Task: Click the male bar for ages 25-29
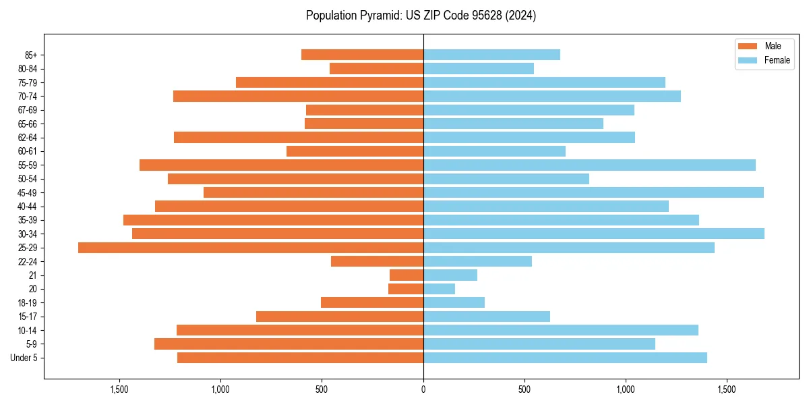coord(251,248)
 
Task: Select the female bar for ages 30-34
coord(594,234)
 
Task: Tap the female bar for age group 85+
coord(491,55)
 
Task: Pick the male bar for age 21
coord(407,275)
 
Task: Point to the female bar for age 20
coord(439,289)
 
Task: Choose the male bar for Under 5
coord(300,358)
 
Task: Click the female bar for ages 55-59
coord(589,165)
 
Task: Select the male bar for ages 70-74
coord(298,96)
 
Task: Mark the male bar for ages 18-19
coord(372,302)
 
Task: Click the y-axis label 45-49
coord(28,192)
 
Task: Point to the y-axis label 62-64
coord(28,138)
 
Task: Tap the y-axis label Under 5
coord(24,358)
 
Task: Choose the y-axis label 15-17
coord(28,317)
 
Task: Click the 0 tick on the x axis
coord(423,389)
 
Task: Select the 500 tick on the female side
coord(525,389)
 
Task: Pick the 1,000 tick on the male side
coord(220,389)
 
